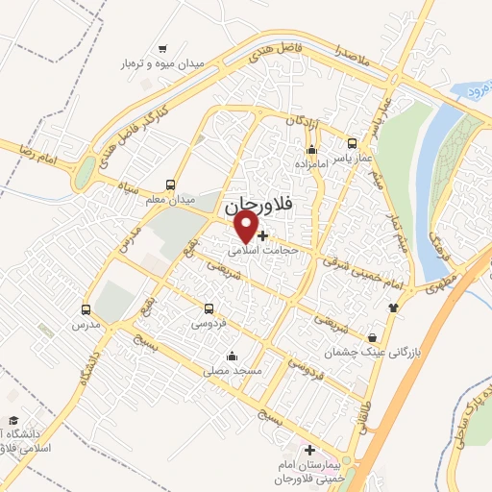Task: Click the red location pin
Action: coord(247,228)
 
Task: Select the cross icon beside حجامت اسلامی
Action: coord(263,234)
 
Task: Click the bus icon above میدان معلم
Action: coord(171,185)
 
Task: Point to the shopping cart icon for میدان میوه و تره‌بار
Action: coord(162,48)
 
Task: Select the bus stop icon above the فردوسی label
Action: coord(209,309)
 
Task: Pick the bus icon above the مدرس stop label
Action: coord(86,310)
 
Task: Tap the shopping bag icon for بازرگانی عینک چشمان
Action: coord(373,337)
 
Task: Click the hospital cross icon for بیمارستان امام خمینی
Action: coord(308,450)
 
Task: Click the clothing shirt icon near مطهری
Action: coord(392,307)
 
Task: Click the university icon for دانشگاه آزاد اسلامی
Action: coord(12,420)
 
